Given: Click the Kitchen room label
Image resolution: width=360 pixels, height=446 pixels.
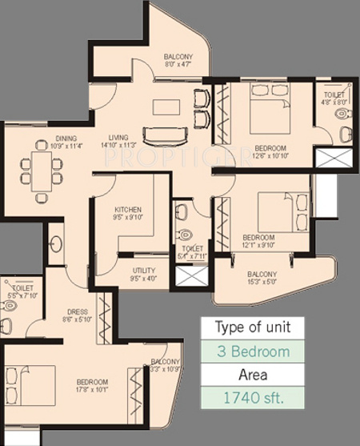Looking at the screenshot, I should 127,211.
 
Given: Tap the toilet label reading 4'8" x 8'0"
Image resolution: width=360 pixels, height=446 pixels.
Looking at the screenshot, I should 335,98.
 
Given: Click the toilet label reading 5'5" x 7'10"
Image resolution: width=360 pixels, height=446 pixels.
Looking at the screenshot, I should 18,290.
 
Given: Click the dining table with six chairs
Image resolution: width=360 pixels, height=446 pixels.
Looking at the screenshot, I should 42,171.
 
